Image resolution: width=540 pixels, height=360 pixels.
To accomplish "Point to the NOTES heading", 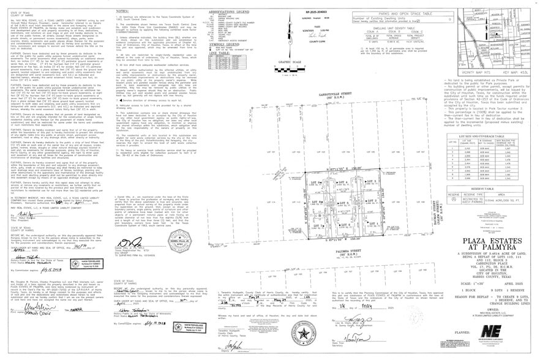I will (122, 11).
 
